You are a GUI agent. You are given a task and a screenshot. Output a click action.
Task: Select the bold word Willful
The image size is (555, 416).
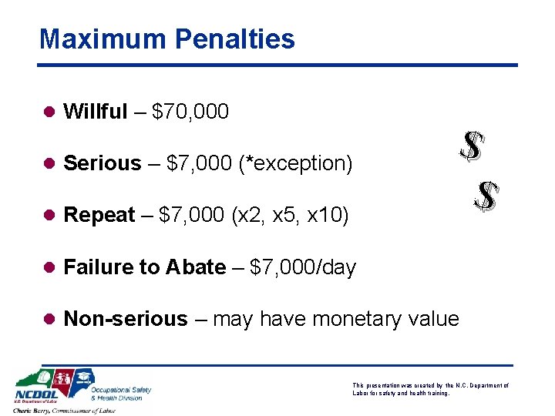click(96, 112)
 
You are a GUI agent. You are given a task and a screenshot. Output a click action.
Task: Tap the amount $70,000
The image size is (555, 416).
click(190, 112)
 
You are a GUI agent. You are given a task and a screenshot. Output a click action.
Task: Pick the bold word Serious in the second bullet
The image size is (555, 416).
click(103, 163)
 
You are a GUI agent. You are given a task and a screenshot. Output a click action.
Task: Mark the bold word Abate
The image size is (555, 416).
click(196, 267)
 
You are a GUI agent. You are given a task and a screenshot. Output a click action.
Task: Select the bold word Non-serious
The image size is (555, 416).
click(126, 319)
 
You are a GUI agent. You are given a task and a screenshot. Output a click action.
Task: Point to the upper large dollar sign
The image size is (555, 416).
click(471, 146)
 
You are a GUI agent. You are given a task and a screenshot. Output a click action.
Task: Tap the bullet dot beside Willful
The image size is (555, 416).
click(47, 112)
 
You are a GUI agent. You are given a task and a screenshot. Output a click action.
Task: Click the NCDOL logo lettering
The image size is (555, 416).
click(35, 397)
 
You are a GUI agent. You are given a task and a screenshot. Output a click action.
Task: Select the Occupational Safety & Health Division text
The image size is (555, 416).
click(121, 393)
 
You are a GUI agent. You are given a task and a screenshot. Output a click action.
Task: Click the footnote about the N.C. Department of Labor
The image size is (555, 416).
click(429, 389)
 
